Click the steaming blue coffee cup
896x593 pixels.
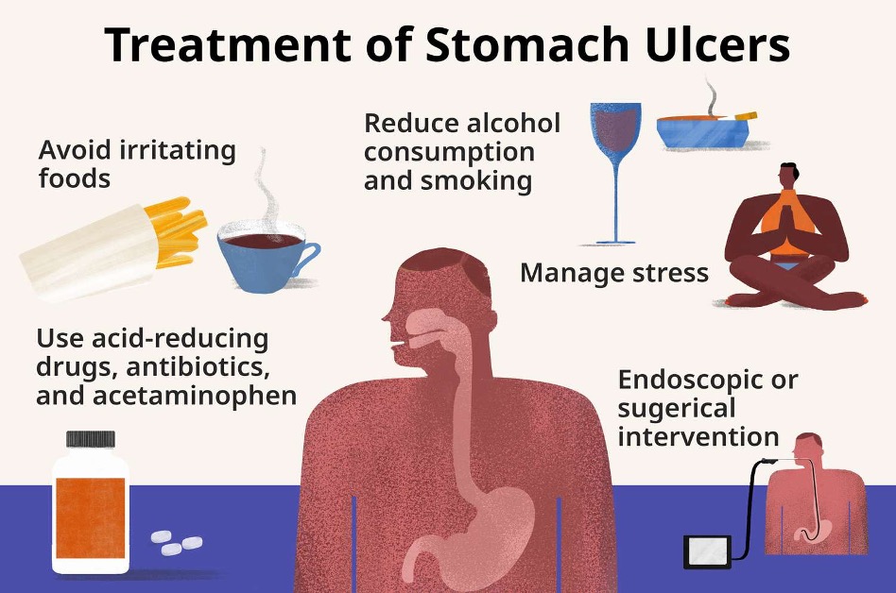coord(264,259)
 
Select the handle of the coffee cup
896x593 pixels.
coord(308,259)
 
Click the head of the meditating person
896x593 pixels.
coord(788,176)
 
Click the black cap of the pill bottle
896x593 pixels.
coord(91,439)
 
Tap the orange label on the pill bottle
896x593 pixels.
coord(91,518)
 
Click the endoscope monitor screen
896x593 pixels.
coord(707,551)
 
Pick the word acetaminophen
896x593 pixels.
coord(195,396)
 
